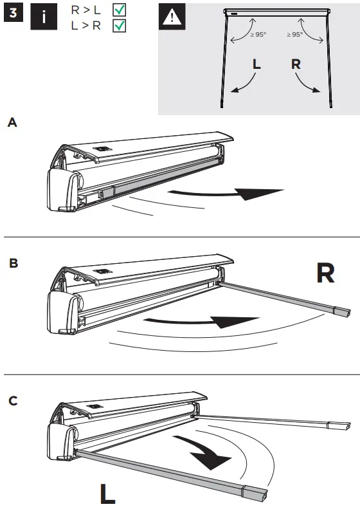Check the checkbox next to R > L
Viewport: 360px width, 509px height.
coord(119,11)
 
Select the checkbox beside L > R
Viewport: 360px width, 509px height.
coord(119,26)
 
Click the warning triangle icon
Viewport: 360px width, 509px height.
coord(172,17)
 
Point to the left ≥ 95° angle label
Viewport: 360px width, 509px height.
coord(257,35)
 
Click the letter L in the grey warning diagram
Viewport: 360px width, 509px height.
coord(256,64)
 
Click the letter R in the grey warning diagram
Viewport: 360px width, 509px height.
coord(296,64)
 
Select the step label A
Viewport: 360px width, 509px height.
coord(12,122)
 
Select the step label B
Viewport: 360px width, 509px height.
coord(12,263)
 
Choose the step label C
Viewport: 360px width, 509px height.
coord(12,401)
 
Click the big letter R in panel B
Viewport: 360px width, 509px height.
coord(325,273)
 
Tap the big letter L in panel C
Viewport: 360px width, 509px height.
coord(107,494)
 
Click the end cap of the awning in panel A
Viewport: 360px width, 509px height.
coord(62,190)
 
